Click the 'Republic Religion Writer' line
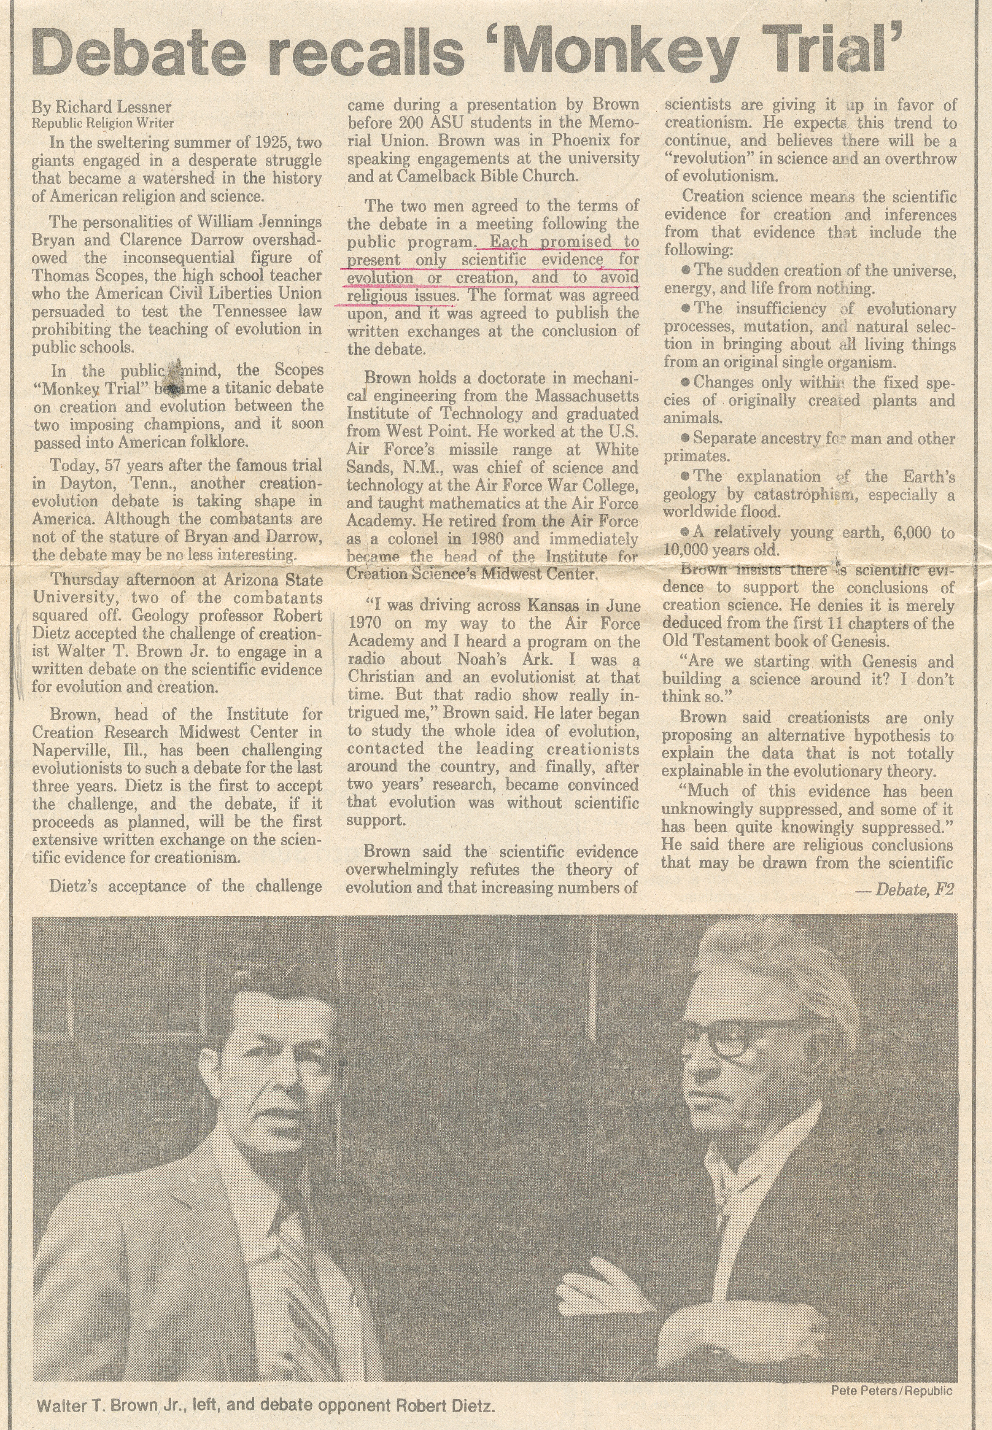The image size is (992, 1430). click(102, 123)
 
